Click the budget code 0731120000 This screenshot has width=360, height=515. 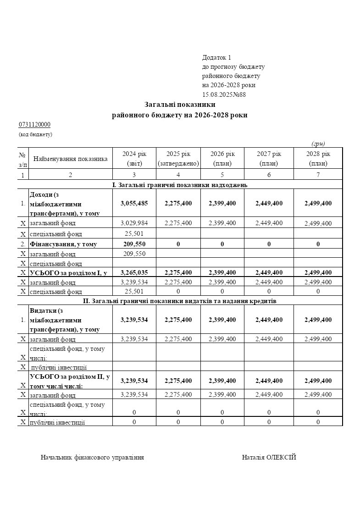tap(34, 125)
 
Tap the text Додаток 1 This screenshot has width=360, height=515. tap(216, 58)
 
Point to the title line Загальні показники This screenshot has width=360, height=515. tap(180, 105)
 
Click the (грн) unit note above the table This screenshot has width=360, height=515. tap(318, 144)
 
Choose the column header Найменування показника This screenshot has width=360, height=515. tap(70, 159)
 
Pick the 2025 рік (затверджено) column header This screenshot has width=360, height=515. tap(178, 158)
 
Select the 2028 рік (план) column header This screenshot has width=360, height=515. tap(318, 158)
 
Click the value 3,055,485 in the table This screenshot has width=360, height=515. tap(134, 203)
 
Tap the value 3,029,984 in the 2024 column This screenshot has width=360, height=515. tap(134, 223)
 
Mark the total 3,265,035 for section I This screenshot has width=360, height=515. tap(134, 272)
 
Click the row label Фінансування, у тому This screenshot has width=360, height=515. tap(63, 244)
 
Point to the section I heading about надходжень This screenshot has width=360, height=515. tap(180, 185)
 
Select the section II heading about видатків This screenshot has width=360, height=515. tap(180, 301)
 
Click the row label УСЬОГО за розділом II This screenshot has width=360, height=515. tap(69, 381)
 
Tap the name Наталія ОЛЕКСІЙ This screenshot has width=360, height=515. tap(269, 457)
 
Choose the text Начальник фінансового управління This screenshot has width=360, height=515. tap(92, 457)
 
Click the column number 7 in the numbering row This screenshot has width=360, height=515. tap(318, 175)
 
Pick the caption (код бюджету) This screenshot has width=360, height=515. tap(35, 134)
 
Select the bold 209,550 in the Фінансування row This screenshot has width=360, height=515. tap(134, 244)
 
